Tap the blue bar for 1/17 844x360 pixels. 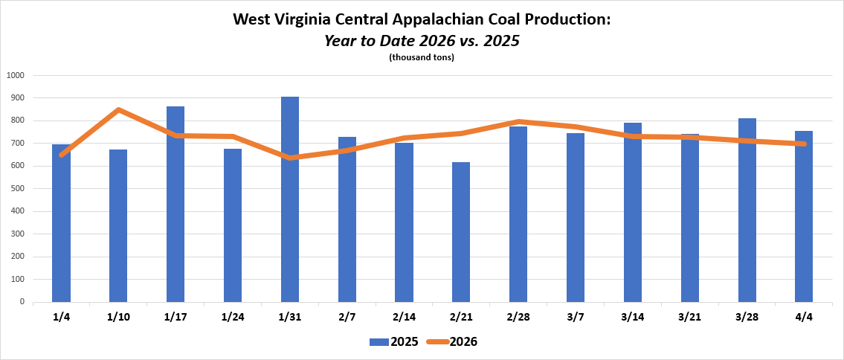coord(175,205)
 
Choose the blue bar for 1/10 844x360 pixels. coord(118,226)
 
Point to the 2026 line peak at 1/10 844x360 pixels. coord(118,110)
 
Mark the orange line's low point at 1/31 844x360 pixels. coord(290,158)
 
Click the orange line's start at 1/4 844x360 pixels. coord(62,155)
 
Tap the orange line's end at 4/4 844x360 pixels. coord(804,144)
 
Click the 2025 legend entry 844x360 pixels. coord(394,342)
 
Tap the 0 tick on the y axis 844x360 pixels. coord(22,302)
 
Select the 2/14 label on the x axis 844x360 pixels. coord(404,317)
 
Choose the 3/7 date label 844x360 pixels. coord(575,317)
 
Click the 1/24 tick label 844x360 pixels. coord(233,317)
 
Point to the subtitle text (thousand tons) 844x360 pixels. coord(422,57)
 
